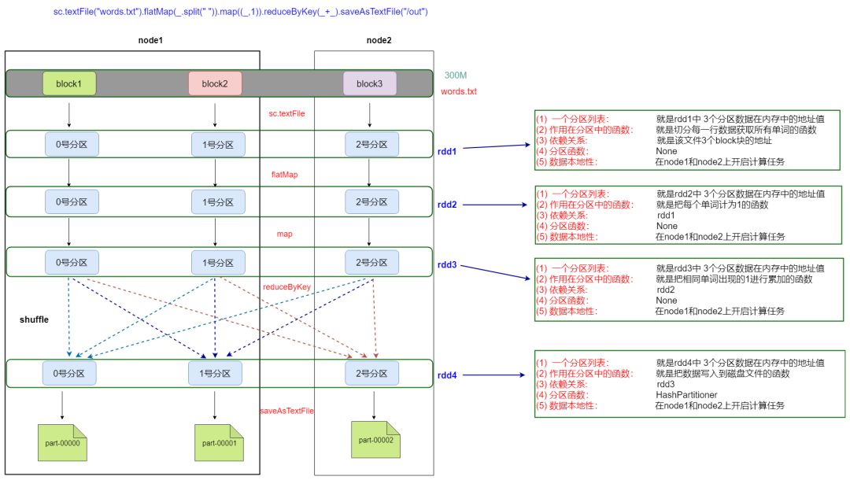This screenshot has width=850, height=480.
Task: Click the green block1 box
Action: click(68, 83)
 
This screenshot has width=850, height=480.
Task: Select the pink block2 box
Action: click(215, 83)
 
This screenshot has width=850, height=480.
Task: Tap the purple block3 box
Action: click(370, 83)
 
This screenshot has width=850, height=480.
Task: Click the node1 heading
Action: click(150, 40)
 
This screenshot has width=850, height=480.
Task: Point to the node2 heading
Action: click(379, 40)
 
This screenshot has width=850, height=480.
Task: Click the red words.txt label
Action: click(459, 91)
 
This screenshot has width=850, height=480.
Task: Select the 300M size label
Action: click(456, 76)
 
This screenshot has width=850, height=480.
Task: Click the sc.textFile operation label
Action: click(286, 113)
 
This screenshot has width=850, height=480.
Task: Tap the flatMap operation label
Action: click(285, 175)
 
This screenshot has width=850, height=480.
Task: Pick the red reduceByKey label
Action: click(286, 286)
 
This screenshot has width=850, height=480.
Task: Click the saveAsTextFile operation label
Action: click(286, 411)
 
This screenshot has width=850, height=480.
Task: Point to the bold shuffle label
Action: click(34, 319)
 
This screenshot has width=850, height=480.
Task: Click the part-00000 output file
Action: click(62, 442)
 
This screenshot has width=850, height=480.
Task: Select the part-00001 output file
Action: click(219, 442)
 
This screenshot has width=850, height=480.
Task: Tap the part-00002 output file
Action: click(375, 439)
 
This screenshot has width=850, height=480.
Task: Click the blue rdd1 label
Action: click(447, 152)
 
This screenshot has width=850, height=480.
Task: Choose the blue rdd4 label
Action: click(447, 375)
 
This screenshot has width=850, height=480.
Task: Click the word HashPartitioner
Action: click(686, 395)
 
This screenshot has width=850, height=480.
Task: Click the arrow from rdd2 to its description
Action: click(495, 205)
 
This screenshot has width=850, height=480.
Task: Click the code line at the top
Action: click(241, 11)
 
